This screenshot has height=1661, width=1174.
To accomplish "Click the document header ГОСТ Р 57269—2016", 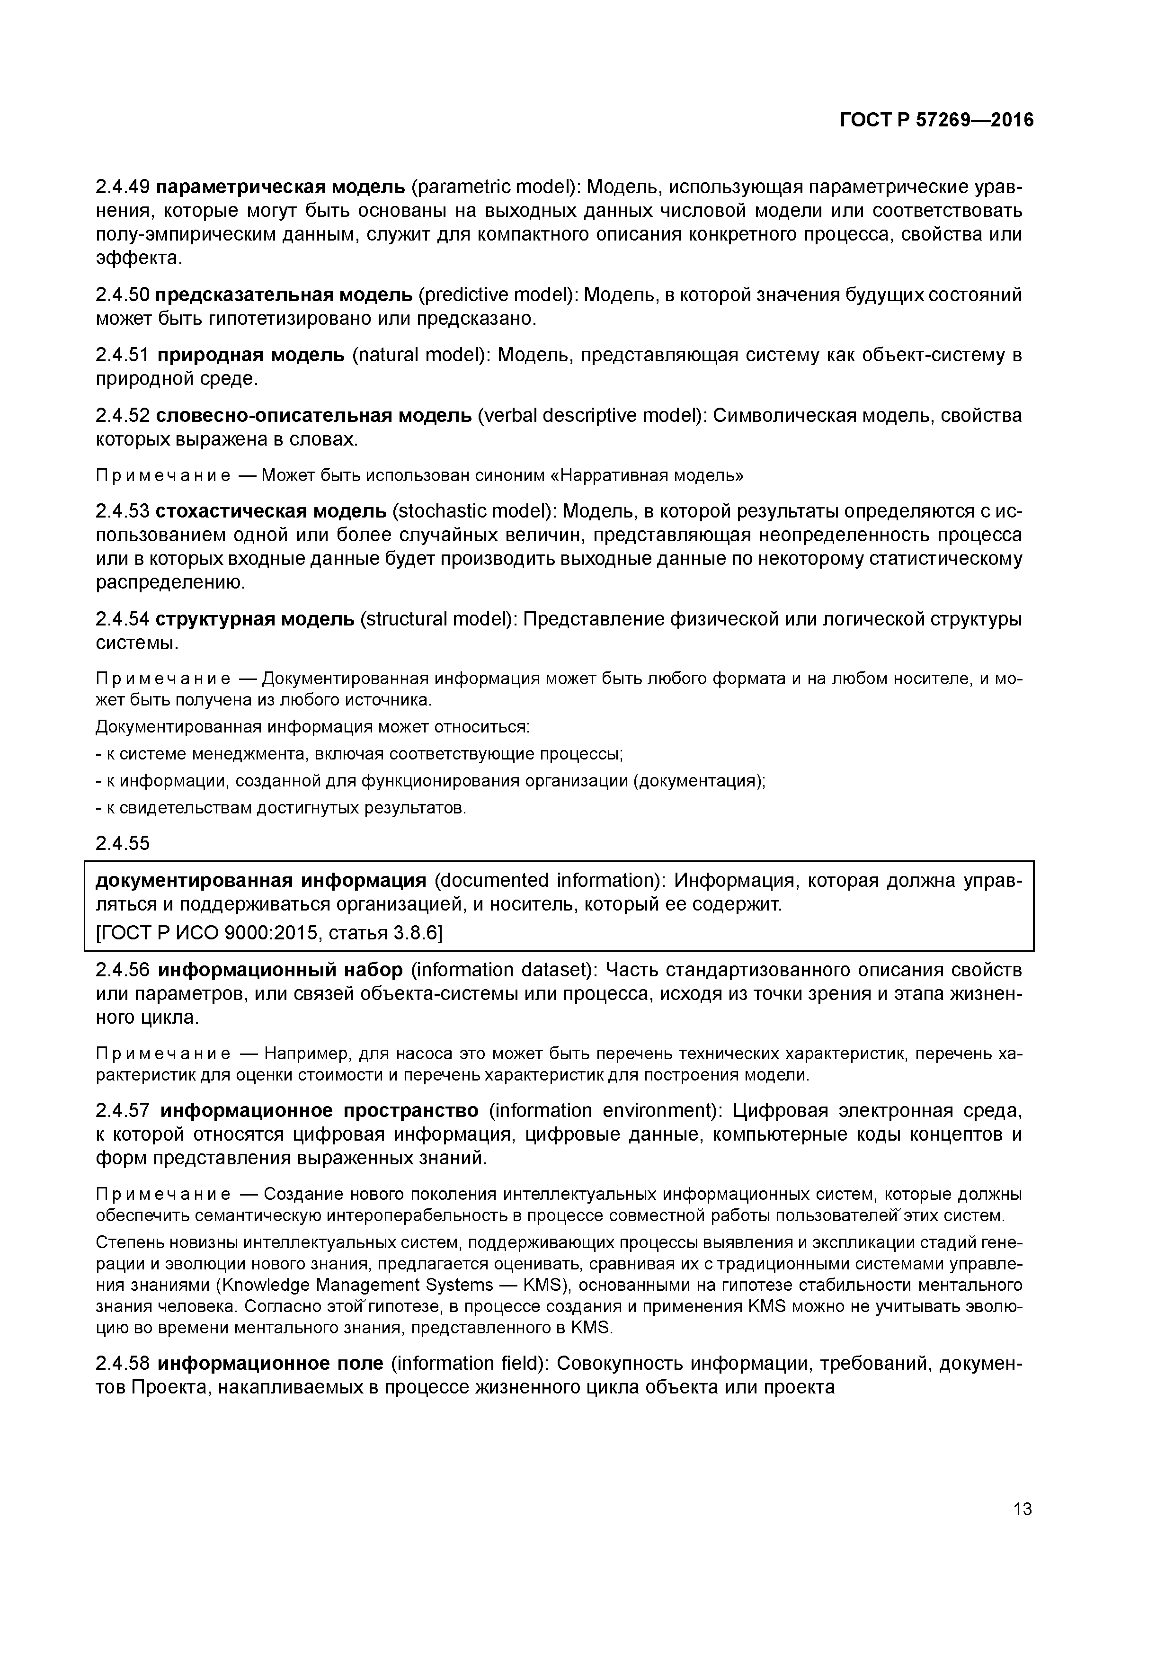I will tap(937, 120).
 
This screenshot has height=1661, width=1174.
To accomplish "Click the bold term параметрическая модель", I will tap(281, 188).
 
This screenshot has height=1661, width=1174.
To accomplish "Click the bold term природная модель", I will tap(250, 355).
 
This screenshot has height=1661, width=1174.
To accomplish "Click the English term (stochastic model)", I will tap(474, 511).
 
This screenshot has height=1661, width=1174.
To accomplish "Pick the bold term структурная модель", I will tap(255, 619).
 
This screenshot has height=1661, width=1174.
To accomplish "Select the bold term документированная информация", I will tap(261, 880).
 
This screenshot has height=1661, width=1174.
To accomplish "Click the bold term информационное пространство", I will tap(319, 1110).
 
